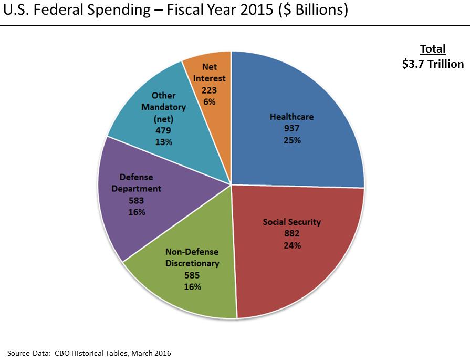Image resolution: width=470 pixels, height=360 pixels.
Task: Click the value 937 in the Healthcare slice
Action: point(291,128)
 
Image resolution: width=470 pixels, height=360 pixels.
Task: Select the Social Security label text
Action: point(291,222)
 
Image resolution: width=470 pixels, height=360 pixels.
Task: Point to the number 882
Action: point(291,233)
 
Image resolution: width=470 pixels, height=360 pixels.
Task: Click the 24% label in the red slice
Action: point(291,245)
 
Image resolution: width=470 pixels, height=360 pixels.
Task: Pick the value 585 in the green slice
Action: point(192,275)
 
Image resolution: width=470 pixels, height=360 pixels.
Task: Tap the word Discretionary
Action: point(192,263)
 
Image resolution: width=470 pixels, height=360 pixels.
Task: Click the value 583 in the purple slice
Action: point(136,200)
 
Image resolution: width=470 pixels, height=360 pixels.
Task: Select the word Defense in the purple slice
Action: point(136,177)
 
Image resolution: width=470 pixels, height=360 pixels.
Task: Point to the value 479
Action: point(163,130)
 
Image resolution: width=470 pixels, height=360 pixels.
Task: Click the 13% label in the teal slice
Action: point(163,142)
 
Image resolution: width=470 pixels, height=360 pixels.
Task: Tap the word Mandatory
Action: point(163,107)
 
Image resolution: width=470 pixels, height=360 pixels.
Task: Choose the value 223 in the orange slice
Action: point(210,90)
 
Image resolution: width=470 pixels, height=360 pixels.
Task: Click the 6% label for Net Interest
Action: point(210,101)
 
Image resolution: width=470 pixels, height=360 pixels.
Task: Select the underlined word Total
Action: point(433,49)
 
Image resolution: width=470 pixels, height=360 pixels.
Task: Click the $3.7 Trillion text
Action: point(433,64)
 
